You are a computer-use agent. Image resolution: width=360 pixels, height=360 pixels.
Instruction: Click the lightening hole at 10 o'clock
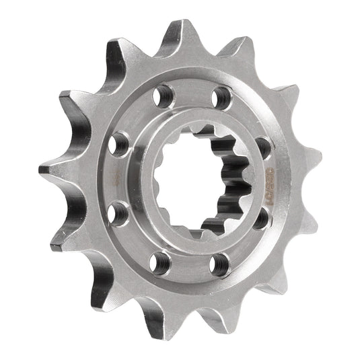pyautogui.click(x=120, y=143)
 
